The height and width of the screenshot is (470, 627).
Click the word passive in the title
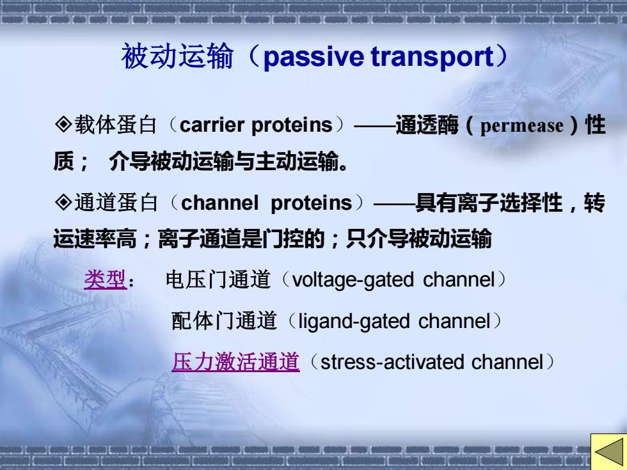pyautogui.click(x=313, y=57)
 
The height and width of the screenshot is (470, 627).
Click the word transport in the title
pyautogui.click(x=433, y=57)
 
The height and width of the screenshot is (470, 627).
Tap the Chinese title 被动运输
pyautogui.click(x=177, y=56)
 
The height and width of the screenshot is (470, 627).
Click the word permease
pyautogui.click(x=521, y=127)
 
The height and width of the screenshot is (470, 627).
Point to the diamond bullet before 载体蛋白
pyautogui.click(x=63, y=124)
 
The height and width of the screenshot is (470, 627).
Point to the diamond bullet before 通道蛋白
pyautogui.click(x=63, y=202)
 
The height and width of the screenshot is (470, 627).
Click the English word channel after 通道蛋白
pyautogui.click(x=219, y=203)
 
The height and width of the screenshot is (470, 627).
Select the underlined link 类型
pyautogui.click(x=105, y=279)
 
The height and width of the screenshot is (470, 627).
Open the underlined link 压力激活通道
pyautogui.click(x=235, y=362)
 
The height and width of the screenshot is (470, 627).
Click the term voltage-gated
pyautogui.click(x=353, y=280)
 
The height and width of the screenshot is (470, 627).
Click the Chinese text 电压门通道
pyautogui.click(x=218, y=279)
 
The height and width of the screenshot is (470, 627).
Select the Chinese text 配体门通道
pyautogui.click(x=224, y=321)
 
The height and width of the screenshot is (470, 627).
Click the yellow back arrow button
pyautogui.click(x=608, y=451)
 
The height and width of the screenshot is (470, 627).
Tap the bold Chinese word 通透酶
pyautogui.click(x=427, y=125)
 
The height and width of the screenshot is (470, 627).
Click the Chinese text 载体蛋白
pyautogui.click(x=116, y=125)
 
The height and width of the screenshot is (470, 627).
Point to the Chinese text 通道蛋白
pyautogui.click(x=116, y=202)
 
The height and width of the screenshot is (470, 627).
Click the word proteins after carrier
pyautogui.click(x=292, y=125)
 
